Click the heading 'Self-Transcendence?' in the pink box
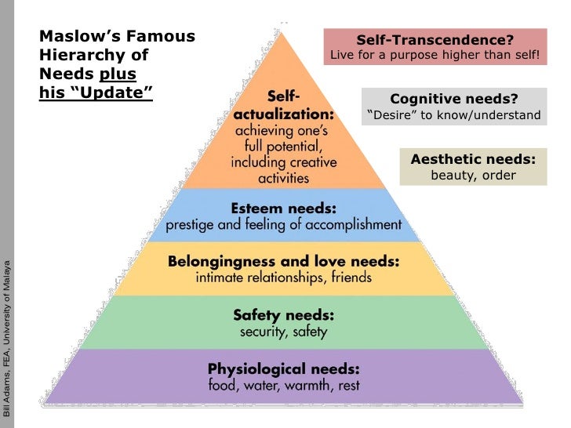(435, 39)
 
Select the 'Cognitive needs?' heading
(454, 99)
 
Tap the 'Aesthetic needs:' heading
(473, 159)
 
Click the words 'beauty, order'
(473, 175)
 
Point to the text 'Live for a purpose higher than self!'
(435, 56)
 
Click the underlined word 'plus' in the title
(118, 74)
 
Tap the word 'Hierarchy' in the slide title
(78, 56)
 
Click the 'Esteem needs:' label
(283, 209)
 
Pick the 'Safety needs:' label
(283, 315)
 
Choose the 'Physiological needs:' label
(283, 368)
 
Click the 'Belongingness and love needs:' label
(283, 262)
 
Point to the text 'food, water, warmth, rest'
(283, 386)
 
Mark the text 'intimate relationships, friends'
(283, 277)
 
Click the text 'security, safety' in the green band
(283, 332)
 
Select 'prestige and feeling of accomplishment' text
(283, 225)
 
